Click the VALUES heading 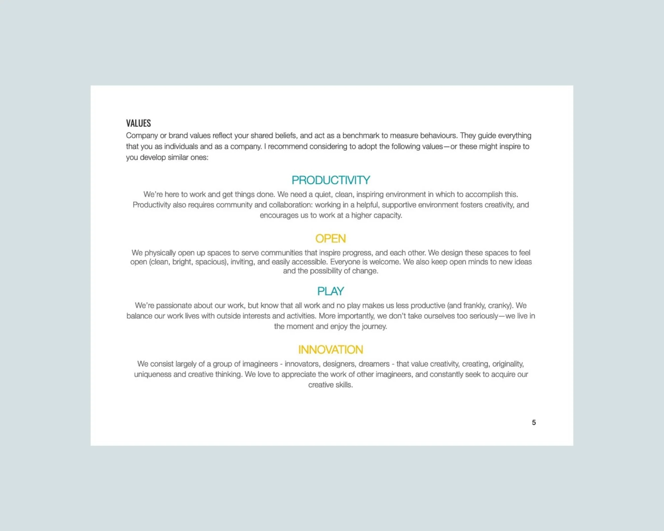click(x=138, y=123)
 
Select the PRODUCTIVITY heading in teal click(x=331, y=180)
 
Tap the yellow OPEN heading click(x=330, y=239)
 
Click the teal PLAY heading click(x=330, y=291)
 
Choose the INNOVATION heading click(x=330, y=350)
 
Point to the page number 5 click(x=534, y=422)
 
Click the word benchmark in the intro click(x=361, y=135)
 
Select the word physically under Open click(x=160, y=253)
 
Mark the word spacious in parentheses click(x=210, y=262)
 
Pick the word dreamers click(x=374, y=364)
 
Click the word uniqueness click(x=152, y=374)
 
